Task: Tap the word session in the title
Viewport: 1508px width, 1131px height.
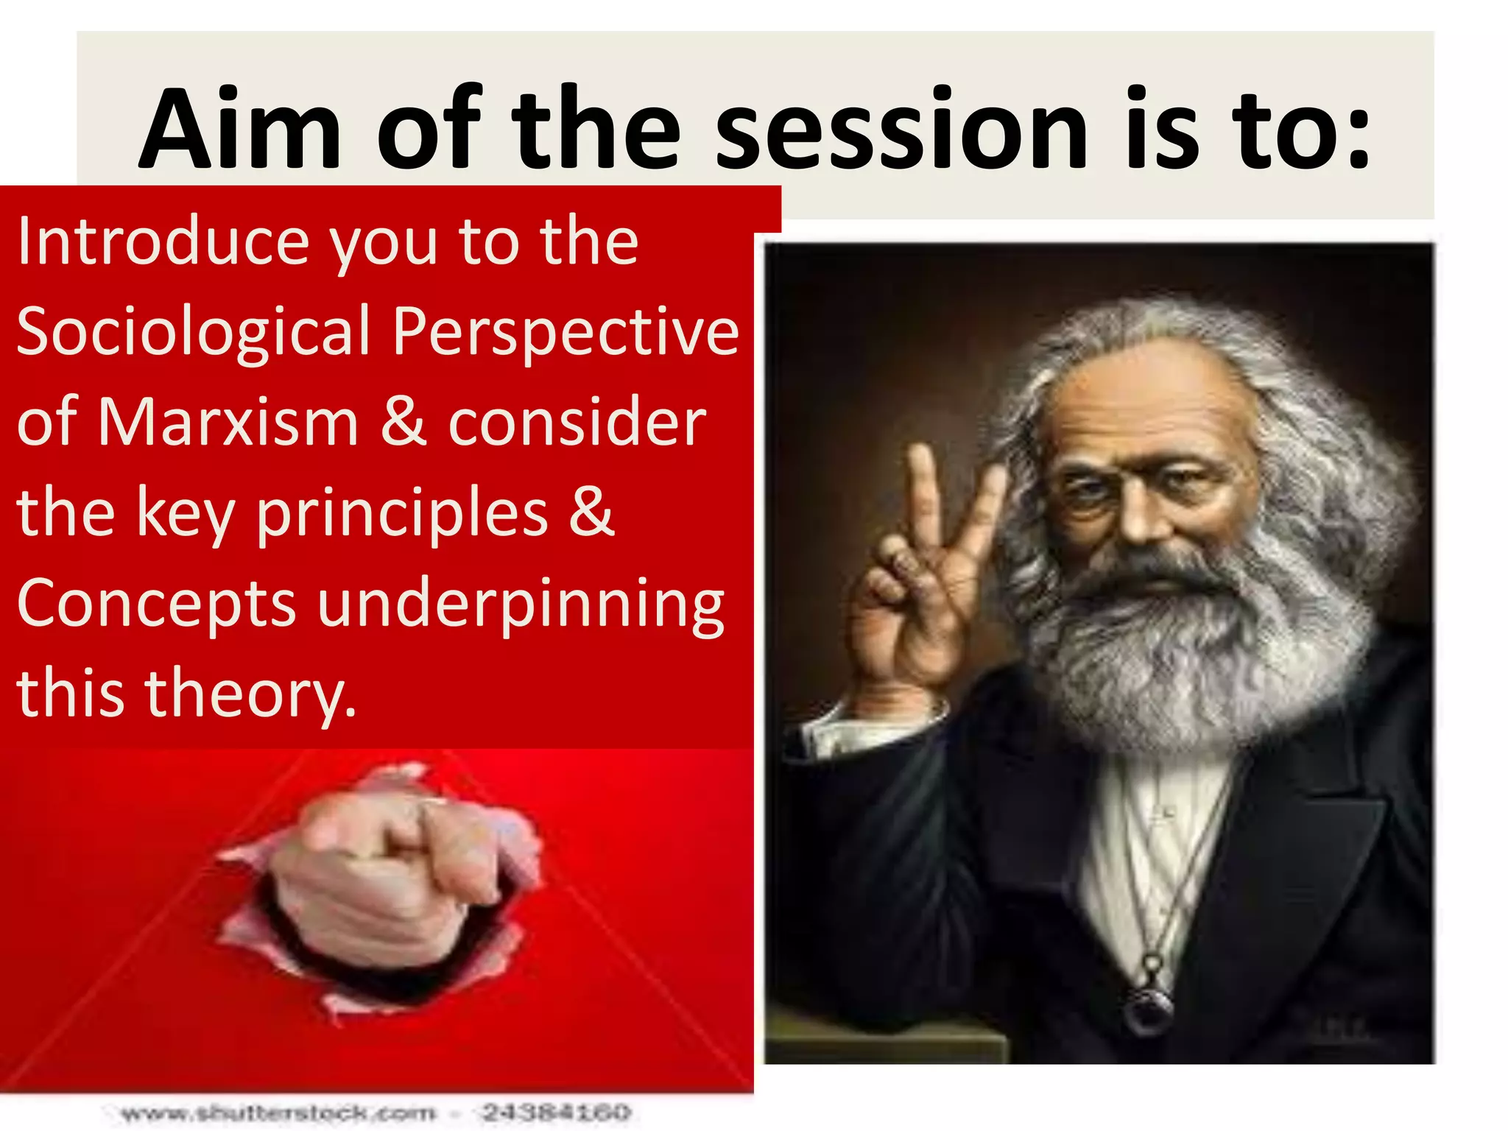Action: tap(902, 131)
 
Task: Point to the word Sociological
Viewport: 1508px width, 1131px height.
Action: tap(193, 333)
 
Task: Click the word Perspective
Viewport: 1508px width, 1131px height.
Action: tap(565, 333)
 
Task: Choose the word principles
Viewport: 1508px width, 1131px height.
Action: tap(402, 514)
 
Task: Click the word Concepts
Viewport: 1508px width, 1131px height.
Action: tap(156, 604)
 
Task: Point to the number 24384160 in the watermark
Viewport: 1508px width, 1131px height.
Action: tap(557, 1112)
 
